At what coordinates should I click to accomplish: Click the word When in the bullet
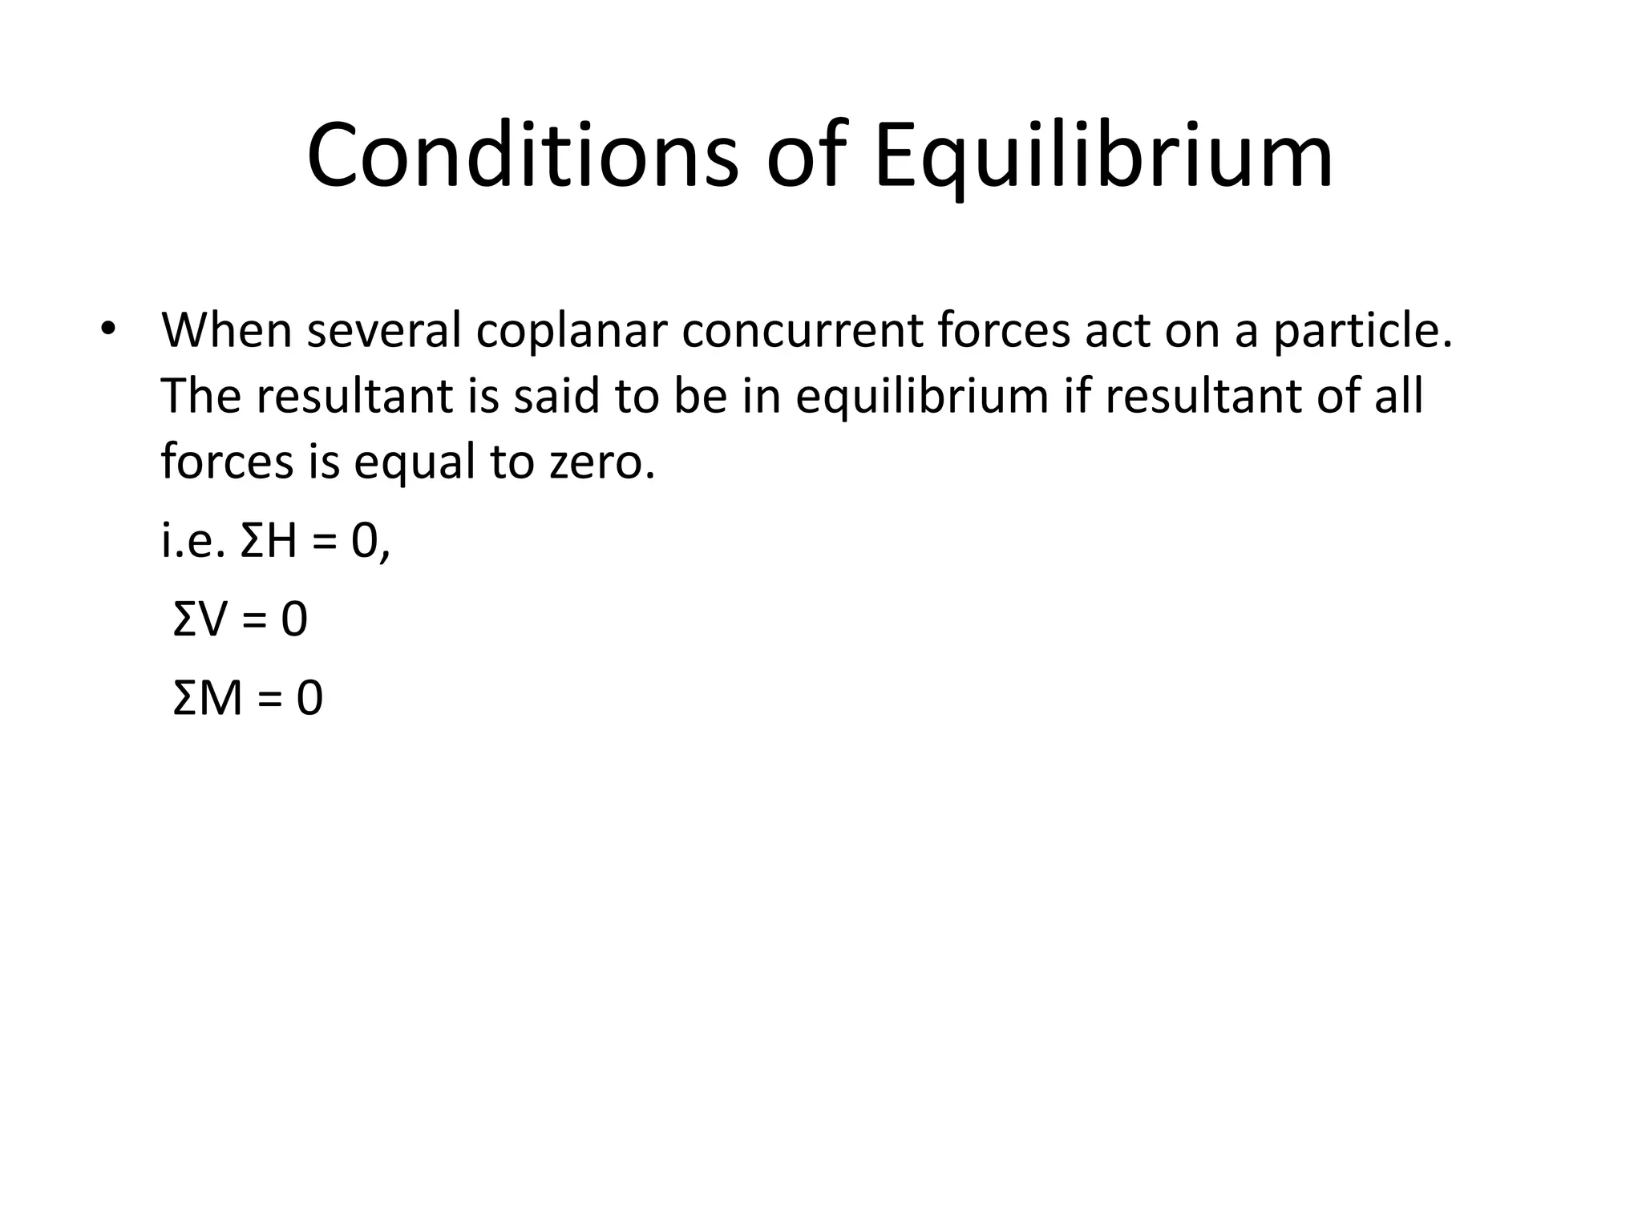(x=227, y=329)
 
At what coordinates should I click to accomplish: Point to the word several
(x=384, y=329)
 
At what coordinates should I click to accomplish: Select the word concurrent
(x=803, y=329)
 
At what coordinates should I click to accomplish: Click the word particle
(x=1363, y=329)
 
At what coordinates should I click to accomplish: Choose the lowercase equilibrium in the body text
(x=922, y=397)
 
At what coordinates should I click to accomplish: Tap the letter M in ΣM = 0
(x=220, y=697)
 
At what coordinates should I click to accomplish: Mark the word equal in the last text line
(x=415, y=463)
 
